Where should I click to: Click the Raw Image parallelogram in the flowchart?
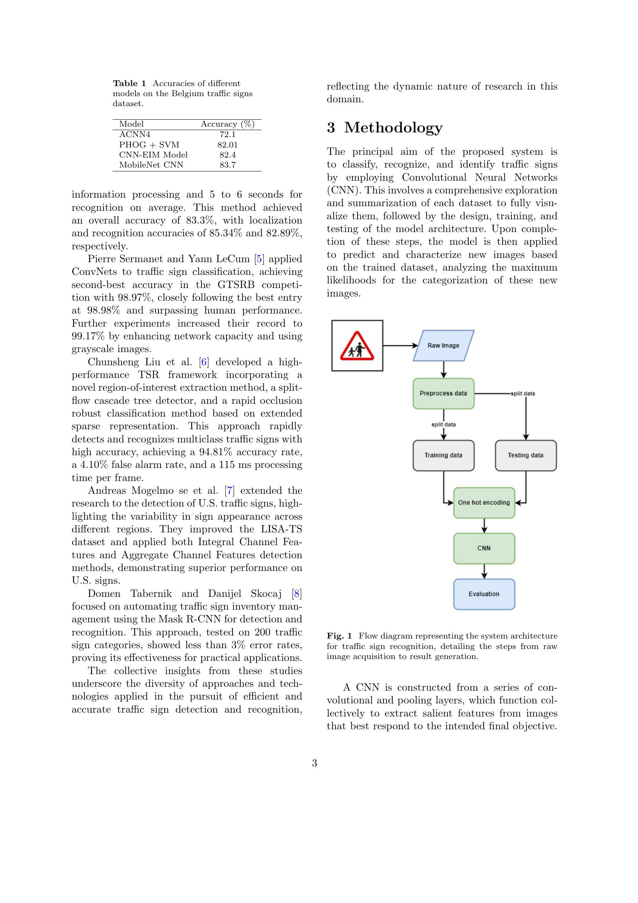pos(444,345)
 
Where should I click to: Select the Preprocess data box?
pos(444,393)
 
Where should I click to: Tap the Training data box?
pos(444,455)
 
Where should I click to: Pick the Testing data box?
pos(526,455)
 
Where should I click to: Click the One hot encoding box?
pos(484,502)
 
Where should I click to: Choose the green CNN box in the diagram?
pos(484,548)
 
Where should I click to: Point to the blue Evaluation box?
pos(484,594)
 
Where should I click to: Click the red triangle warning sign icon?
pos(357,346)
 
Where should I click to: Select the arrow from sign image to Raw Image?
pos(400,346)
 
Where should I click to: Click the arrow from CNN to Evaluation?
pos(484,571)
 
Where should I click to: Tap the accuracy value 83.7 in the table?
pos(228,165)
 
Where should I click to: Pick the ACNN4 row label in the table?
pos(135,134)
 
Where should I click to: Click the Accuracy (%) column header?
pos(228,124)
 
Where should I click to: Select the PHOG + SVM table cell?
pos(149,145)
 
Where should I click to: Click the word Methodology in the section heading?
pos(393,127)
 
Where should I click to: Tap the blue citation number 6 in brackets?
pos(204,362)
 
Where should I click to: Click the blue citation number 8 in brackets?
pos(297,593)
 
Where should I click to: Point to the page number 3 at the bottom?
pos(314,763)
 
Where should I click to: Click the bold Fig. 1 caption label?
pos(339,636)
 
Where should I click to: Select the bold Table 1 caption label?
pos(129,83)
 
